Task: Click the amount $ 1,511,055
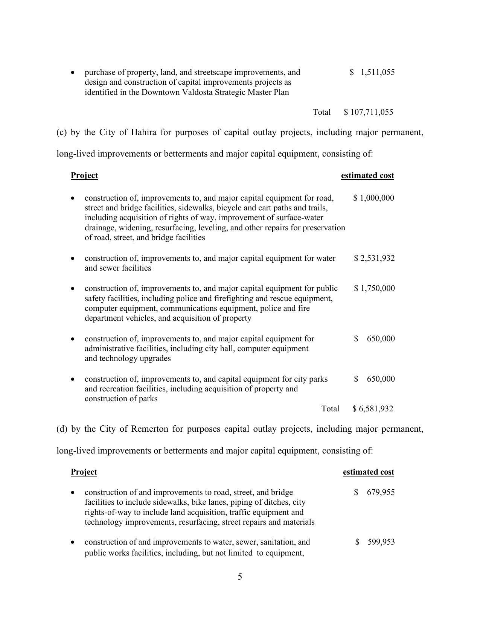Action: point(372,72)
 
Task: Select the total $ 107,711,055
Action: point(369,112)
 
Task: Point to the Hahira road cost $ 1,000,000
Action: point(373,198)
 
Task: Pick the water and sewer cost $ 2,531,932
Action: point(374,258)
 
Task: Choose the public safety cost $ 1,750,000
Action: point(374,288)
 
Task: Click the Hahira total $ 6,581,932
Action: point(373,409)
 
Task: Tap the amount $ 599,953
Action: point(375,542)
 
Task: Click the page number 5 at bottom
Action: point(240,577)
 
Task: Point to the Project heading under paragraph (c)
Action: point(84,175)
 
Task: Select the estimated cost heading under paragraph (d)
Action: point(368,472)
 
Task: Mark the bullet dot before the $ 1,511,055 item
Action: point(73,72)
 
